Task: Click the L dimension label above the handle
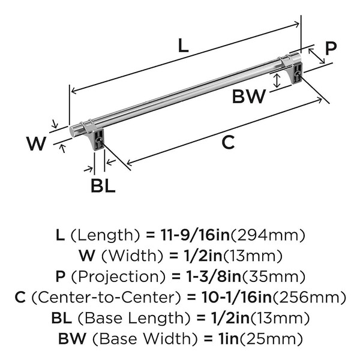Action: click(x=183, y=45)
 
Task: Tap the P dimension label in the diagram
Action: click(x=331, y=48)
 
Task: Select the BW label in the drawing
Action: click(x=249, y=97)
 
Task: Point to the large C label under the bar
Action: click(x=228, y=142)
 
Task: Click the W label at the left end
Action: click(x=36, y=143)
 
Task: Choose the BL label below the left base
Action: click(x=103, y=185)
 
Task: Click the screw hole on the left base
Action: click(x=99, y=140)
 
